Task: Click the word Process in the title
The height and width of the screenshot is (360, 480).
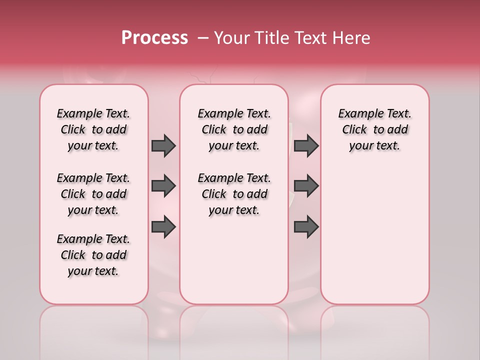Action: click(x=154, y=38)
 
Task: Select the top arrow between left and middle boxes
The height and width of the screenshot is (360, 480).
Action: click(x=163, y=145)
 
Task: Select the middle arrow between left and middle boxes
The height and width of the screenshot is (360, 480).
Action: click(x=163, y=186)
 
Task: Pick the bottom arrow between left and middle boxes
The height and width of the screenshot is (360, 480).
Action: click(x=163, y=227)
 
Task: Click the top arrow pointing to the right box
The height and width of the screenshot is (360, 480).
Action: click(x=306, y=145)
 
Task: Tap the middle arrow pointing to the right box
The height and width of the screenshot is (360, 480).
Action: click(x=306, y=186)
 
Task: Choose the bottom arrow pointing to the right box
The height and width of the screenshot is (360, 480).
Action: click(x=306, y=227)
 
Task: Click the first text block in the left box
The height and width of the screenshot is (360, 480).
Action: click(x=93, y=129)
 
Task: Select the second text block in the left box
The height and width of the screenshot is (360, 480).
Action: click(x=93, y=194)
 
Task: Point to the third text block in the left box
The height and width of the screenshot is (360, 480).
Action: click(x=93, y=255)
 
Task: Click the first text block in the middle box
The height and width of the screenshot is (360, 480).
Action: click(x=234, y=129)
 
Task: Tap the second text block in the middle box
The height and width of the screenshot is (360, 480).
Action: click(x=234, y=194)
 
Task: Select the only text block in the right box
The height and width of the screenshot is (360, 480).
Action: click(x=375, y=129)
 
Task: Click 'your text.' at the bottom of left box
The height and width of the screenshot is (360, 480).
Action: click(x=93, y=271)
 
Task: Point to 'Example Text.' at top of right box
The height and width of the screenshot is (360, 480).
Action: click(x=375, y=113)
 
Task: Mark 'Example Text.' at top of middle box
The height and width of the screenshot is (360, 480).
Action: click(x=234, y=113)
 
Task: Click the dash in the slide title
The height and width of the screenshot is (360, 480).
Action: click(x=203, y=38)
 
